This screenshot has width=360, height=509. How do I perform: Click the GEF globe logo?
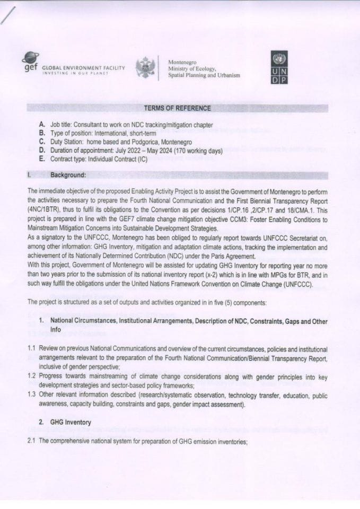click(x=30, y=59)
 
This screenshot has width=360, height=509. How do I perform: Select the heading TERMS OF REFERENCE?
click(x=177, y=109)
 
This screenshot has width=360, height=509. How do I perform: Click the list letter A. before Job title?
click(x=42, y=125)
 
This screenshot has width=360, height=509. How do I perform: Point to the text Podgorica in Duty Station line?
click(x=148, y=142)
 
